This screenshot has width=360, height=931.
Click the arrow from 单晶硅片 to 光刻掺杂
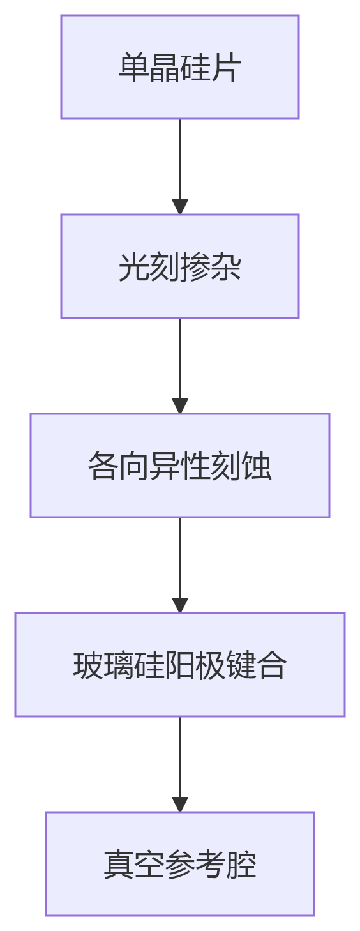point(180,160)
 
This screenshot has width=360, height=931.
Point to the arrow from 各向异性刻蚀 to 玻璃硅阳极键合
point(180,558)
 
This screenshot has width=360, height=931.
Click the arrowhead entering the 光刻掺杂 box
point(180,207)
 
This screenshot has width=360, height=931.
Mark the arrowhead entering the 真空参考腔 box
point(180,805)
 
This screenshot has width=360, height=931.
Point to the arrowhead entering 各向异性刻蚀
point(180,406)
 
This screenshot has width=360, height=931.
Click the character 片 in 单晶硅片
point(226,68)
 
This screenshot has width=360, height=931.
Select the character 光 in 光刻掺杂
point(133,267)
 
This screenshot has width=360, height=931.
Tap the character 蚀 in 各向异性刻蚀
point(257,466)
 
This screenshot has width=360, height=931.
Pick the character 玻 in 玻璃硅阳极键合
point(87,665)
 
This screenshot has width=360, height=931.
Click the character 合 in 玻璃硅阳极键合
point(272,665)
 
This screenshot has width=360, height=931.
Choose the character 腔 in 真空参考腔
point(241,865)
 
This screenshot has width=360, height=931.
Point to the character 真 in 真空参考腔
point(118,865)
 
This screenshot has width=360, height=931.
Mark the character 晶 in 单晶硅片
point(164,68)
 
